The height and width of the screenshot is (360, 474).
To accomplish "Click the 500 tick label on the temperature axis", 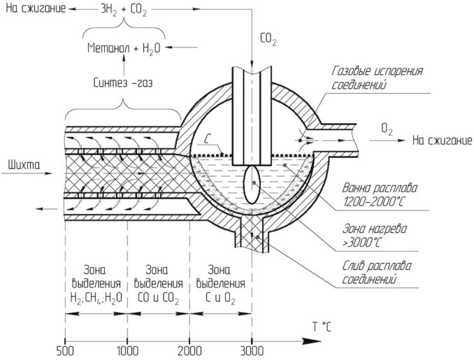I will coord(64,350).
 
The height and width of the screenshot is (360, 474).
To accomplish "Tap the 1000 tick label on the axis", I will coord(127,350).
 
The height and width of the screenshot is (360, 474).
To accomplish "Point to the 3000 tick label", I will coord(252,350).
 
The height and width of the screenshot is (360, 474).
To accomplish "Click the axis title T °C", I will coord(322,326).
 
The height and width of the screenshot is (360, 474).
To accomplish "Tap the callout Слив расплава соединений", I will coord(373,273).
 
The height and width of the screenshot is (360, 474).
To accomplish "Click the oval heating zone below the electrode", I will coord(252,186).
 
